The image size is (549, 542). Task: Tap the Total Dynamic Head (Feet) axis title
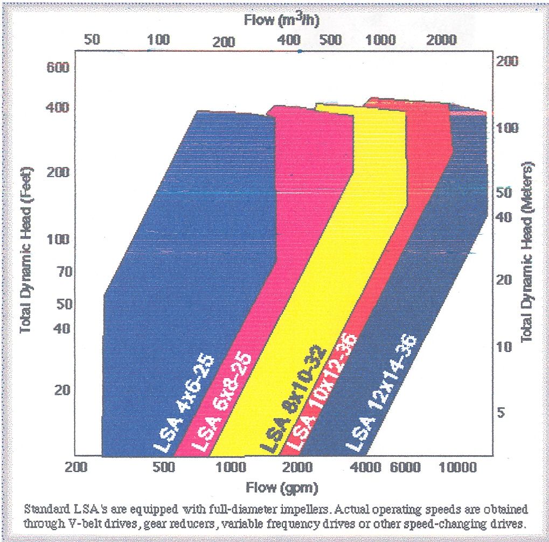point(26,250)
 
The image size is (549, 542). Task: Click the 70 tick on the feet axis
point(57,272)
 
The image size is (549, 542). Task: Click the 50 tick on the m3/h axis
point(93,40)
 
